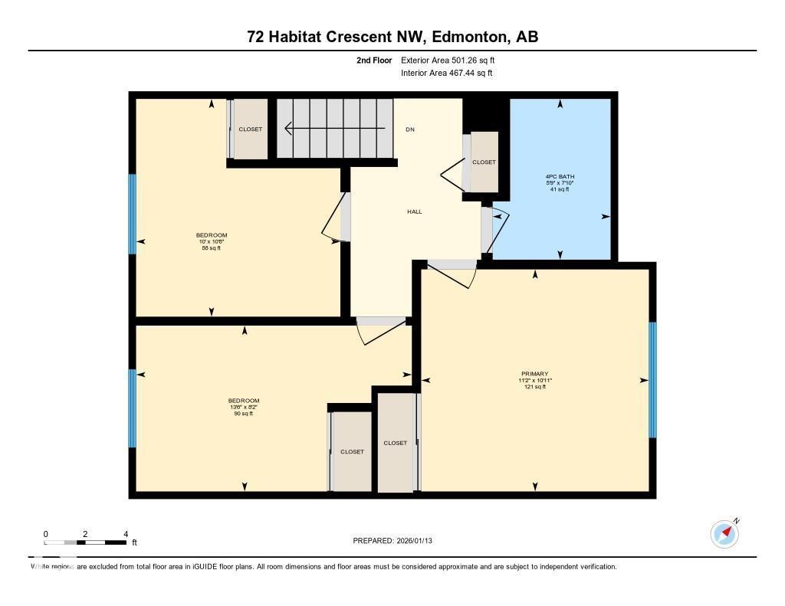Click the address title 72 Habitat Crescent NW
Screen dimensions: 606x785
pos(392,37)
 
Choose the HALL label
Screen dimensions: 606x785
pos(414,212)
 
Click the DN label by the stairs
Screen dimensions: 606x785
pos(410,129)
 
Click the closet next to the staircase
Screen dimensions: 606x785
pos(251,129)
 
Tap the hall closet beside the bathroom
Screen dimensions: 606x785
pos(484,162)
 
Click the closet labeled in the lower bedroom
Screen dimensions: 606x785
pos(352,452)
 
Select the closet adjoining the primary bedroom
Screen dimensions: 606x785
pos(396,443)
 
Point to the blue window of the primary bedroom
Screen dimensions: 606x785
pos(652,380)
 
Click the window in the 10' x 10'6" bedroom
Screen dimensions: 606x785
pos(132,214)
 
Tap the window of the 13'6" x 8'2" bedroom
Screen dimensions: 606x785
pos(132,408)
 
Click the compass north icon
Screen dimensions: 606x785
pos(724,533)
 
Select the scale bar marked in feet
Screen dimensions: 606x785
pos(86,542)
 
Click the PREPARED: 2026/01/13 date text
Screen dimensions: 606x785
pos(397,541)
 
